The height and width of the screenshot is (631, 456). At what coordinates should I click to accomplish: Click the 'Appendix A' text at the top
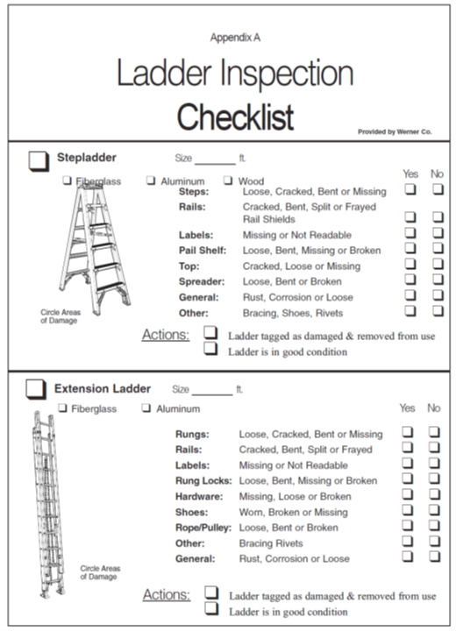[x=235, y=38]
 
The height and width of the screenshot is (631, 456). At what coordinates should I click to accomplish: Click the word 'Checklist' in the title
[x=235, y=117]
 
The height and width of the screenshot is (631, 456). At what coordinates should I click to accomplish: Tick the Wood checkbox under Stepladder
[x=228, y=181]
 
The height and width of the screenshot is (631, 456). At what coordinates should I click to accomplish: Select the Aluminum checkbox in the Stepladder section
[x=152, y=181]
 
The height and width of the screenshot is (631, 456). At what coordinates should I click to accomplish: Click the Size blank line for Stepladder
[x=215, y=160]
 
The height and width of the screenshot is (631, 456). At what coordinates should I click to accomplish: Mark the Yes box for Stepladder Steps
[x=410, y=190]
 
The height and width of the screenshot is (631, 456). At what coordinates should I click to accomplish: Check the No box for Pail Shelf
[x=438, y=250]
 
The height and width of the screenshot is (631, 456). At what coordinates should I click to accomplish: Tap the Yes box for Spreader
[x=410, y=280]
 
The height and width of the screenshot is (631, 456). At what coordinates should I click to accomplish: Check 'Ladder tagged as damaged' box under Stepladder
[x=210, y=334]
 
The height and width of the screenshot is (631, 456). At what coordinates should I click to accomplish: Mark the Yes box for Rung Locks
[x=408, y=479]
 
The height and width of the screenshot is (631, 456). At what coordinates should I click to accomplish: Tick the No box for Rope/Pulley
[x=434, y=527]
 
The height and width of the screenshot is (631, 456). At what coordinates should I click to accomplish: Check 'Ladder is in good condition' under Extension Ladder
[x=210, y=610]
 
